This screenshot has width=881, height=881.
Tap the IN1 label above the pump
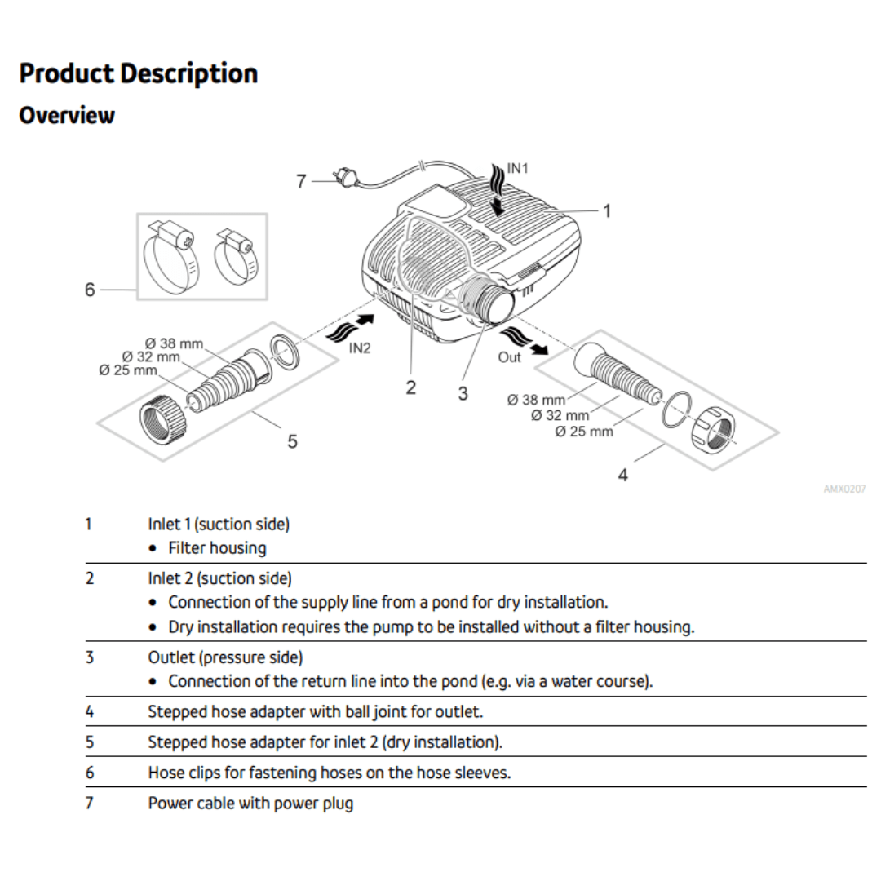click(518, 168)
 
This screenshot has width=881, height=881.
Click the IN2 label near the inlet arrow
click(360, 348)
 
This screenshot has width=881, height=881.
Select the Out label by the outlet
click(509, 357)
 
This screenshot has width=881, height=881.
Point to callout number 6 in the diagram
click(90, 290)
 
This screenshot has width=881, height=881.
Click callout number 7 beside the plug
click(301, 181)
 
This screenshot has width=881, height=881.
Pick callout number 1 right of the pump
click(606, 210)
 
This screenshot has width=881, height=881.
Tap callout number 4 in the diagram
click(623, 475)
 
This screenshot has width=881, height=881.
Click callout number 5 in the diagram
click(292, 441)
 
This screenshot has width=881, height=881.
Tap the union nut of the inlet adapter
click(162, 418)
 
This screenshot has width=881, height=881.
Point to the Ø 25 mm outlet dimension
click(583, 432)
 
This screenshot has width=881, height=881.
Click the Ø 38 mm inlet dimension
click(174, 343)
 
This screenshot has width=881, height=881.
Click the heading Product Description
click(139, 73)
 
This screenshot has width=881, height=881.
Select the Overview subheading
click(67, 115)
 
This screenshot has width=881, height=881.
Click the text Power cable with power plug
click(250, 804)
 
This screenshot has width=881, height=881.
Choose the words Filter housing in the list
click(217, 548)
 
